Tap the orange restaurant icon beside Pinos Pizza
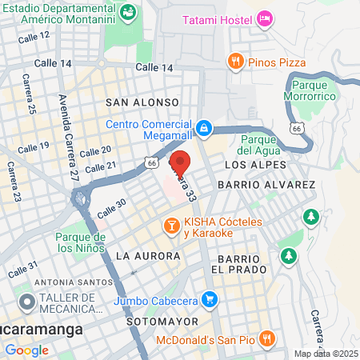pos(235,60)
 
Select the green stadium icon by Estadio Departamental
pos(127,13)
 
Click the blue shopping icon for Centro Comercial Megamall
pos(204,127)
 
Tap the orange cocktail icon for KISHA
pos(170,226)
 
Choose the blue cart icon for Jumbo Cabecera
pos(210,301)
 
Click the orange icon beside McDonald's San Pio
pos(267,340)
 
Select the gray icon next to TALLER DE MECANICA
pos(25,303)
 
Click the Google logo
pos(26,350)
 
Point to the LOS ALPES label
pos(254,164)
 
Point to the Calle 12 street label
pos(33,36)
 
